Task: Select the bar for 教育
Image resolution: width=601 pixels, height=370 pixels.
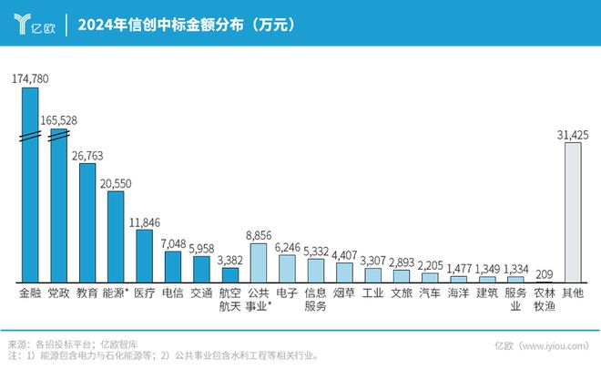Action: pos(87,223)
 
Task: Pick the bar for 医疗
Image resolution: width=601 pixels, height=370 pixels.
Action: pos(144,256)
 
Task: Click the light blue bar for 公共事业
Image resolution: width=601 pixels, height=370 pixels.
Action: pos(259,262)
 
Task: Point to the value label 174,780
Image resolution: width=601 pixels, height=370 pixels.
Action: pos(30,79)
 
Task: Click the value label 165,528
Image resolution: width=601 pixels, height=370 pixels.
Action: pos(58,120)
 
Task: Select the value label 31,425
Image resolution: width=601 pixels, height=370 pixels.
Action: pos(572,135)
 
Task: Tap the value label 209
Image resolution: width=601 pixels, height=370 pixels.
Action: pos(544,273)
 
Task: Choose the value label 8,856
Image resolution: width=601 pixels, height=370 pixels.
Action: pos(259,235)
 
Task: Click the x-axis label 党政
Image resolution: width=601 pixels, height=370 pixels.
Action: pos(58,294)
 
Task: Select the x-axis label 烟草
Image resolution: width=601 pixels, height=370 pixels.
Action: pos(344,294)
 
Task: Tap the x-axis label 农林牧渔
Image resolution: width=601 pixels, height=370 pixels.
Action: pos(544,301)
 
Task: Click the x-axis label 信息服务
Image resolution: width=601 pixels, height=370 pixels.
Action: pos(315,301)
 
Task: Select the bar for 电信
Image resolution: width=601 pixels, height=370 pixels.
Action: pos(173,266)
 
